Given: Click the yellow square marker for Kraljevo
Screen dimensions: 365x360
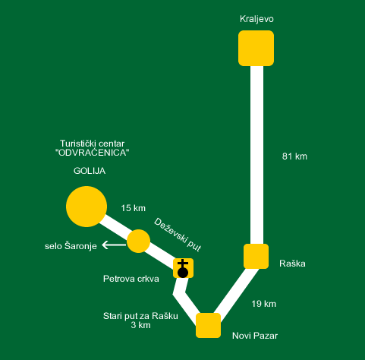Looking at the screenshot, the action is pyautogui.click(x=256, y=48).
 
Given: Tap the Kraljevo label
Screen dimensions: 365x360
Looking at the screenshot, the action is pyautogui.click(x=256, y=19).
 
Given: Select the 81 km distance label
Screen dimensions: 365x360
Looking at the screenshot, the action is pyautogui.click(x=294, y=156).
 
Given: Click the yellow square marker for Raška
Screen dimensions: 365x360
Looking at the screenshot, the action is pyautogui.click(x=256, y=256).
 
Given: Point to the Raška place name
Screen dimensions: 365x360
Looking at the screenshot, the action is pyautogui.click(x=292, y=264).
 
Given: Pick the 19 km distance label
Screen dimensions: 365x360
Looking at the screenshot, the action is pyautogui.click(x=263, y=304).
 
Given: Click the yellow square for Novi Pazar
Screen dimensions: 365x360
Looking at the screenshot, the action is pyautogui.click(x=208, y=325).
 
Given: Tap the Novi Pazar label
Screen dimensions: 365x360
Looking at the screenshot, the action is pyautogui.click(x=255, y=336).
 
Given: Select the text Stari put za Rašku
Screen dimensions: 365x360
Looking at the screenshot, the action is pyautogui.click(x=140, y=316).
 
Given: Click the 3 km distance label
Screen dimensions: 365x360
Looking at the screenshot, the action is pyautogui.click(x=140, y=325).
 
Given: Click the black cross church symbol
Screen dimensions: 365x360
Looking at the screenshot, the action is pyautogui.click(x=183, y=268).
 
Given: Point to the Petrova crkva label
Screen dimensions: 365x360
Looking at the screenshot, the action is pyautogui.click(x=131, y=279).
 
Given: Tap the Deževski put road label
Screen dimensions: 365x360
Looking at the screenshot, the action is pyautogui.click(x=178, y=235).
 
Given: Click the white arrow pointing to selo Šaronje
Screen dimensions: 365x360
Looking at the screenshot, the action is pyautogui.click(x=114, y=245).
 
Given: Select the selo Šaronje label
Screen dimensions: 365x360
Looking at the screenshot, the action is pyautogui.click(x=71, y=246).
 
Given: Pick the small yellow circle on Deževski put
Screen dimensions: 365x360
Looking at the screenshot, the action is pyautogui.click(x=138, y=241).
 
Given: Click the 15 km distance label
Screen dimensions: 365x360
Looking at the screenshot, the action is pyautogui.click(x=133, y=208).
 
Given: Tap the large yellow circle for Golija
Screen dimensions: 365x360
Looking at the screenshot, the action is pyautogui.click(x=87, y=207).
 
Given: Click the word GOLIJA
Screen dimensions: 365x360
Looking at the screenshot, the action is pyautogui.click(x=90, y=171).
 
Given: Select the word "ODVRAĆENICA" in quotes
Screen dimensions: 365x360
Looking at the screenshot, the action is pyautogui.click(x=92, y=153).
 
